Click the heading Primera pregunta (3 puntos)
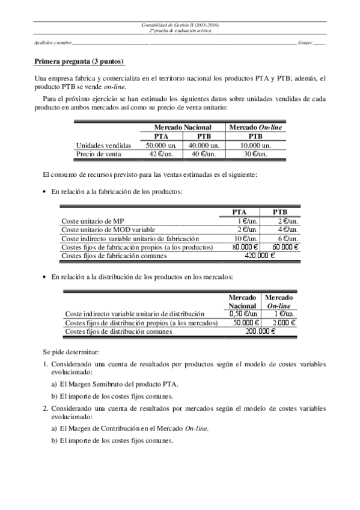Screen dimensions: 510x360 tap(79, 62)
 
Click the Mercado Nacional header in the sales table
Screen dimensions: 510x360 tap(183, 127)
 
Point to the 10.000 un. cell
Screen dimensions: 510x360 tap(255, 146)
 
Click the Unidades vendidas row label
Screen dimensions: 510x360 tap(103, 146)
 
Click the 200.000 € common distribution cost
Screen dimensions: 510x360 tap(260, 331)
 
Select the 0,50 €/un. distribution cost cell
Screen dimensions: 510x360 tap(244, 314)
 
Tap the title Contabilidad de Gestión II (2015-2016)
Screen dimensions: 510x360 tap(180, 25)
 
